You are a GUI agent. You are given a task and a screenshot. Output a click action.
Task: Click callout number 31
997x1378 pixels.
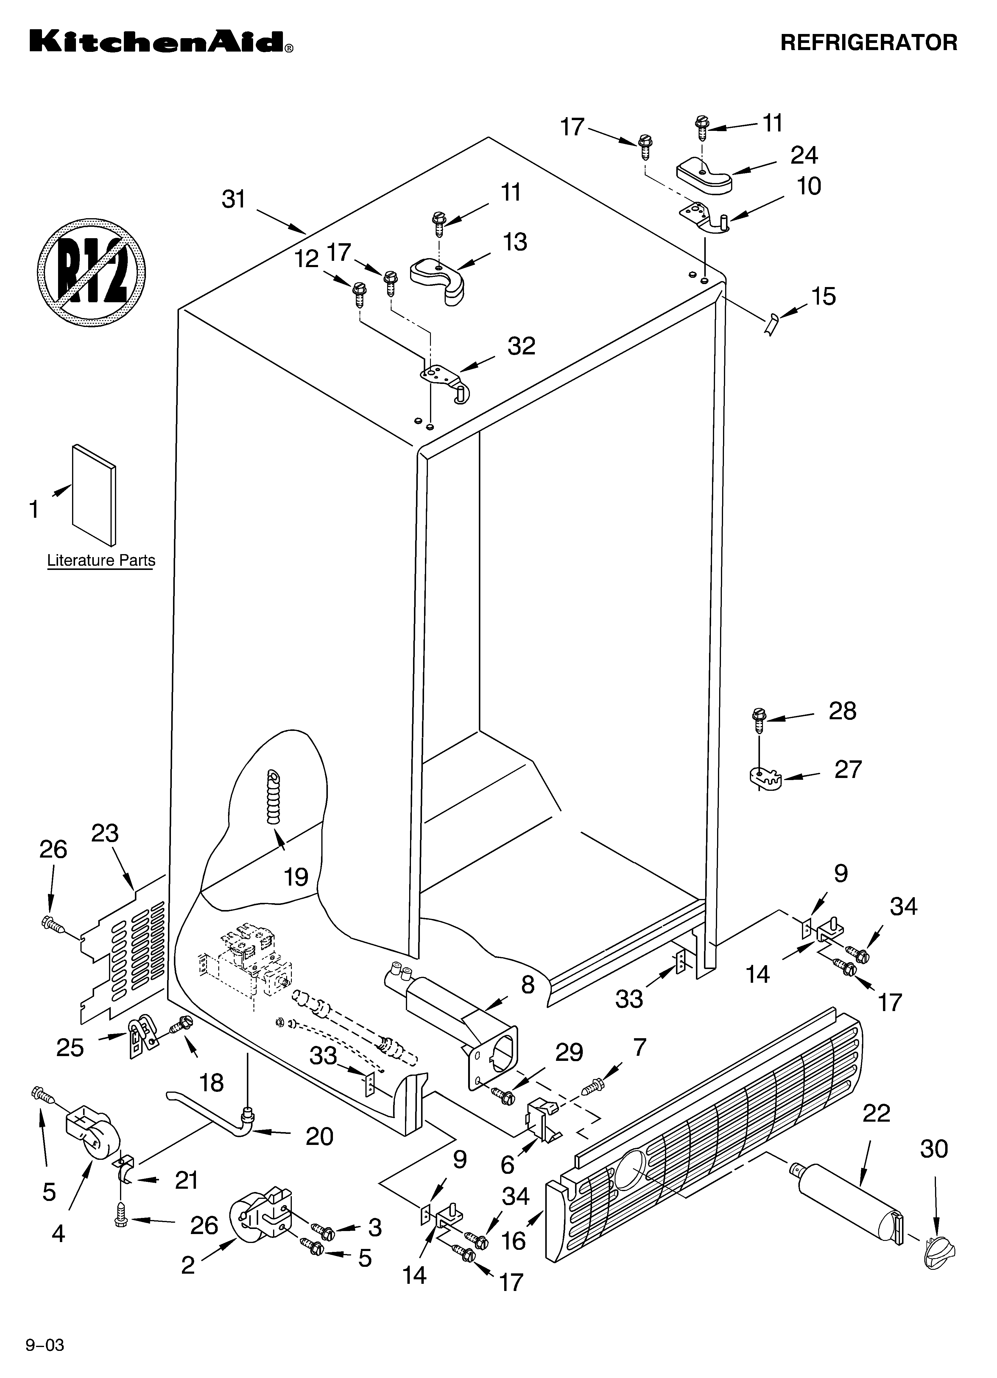(x=234, y=199)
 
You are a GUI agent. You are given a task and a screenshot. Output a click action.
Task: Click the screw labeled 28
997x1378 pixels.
(x=758, y=720)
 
